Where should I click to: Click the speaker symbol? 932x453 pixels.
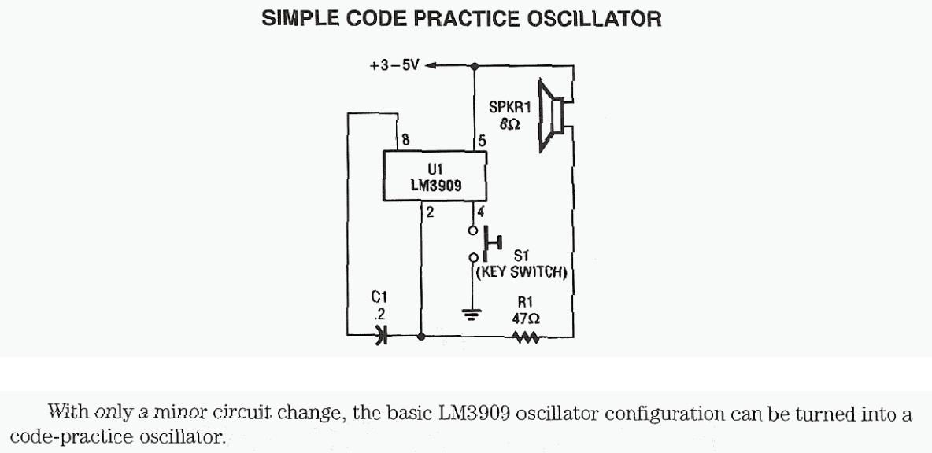(553, 114)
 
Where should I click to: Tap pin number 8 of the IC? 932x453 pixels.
(406, 141)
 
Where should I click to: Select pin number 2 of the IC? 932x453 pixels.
(430, 211)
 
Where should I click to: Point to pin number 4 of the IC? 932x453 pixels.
(480, 211)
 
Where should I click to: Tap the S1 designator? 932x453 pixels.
(520, 256)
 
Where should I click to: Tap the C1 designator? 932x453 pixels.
(379, 297)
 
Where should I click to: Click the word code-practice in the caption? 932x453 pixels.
(64, 436)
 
